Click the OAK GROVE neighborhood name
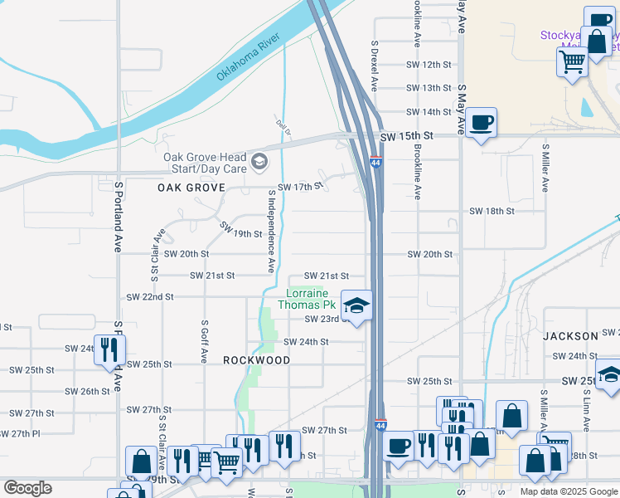tap(191, 188)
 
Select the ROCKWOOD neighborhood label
tap(257, 361)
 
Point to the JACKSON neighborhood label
tap(570, 336)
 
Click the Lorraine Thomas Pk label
tap(308, 299)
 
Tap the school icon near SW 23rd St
tap(357, 306)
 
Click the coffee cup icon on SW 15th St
tap(481, 124)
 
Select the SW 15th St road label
tap(407, 135)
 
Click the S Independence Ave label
tap(271, 231)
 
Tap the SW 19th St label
tap(240, 230)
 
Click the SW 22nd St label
tap(149, 296)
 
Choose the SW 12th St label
tap(429, 64)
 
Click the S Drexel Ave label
tap(375, 66)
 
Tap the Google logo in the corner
tap(27, 488)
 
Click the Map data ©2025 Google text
tap(569, 491)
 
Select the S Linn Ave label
tap(585, 411)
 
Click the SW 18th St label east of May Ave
tap(492, 212)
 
